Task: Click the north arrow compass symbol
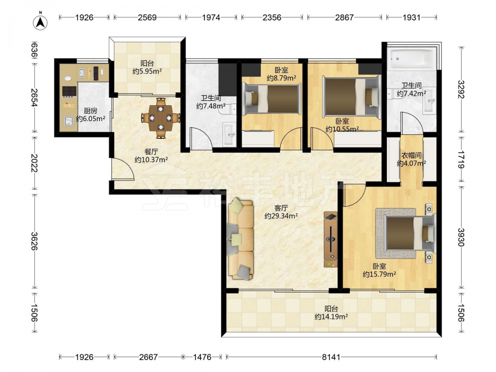point(40,22)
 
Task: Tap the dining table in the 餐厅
point(161,118)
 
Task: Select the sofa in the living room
point(241,239)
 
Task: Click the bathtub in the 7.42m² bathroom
point(411,58)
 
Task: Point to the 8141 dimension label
point(331,357)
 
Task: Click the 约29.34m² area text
point(281,216)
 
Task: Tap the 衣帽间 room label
point(411,155)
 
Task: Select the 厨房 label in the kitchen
point(90,111)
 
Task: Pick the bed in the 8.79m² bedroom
point(271,98)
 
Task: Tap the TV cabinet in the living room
point(330,240)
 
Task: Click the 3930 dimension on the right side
point(461,237)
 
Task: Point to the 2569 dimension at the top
point(147,17)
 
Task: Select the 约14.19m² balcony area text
point(331,316)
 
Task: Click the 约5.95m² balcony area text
point(147,71)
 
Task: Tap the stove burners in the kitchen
point(69,91)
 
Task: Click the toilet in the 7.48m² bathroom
point(230,109)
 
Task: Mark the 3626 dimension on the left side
point(34,241)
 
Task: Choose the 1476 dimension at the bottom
point(202,357)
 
